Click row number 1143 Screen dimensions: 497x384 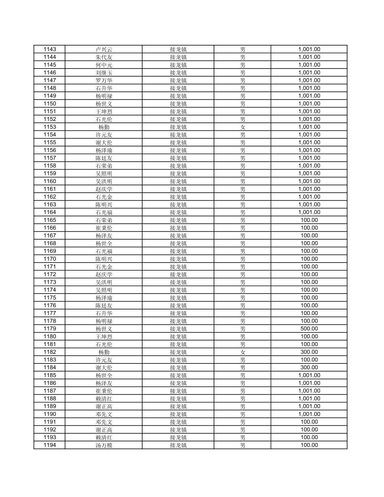click(x=50, y=49)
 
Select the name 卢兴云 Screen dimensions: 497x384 click(x=104, y=49)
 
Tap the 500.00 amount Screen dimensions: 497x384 click(x=309, y=329)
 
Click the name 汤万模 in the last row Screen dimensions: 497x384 click(x=104, y=445)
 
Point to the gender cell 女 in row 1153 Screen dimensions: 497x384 click(x=243, y=127)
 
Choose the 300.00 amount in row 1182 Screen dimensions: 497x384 click(x=309, y=352)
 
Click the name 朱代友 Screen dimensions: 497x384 click(x=104, y=57)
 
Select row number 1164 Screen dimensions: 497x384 click(x=50, y=212)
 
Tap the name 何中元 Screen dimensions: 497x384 click(x=104, y=65)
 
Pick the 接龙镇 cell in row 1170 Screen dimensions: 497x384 click(x=178, y=259)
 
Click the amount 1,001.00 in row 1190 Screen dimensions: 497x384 click(x=309, y=414)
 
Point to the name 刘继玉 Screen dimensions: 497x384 click(x=104, y=73)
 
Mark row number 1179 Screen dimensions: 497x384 click(x=50, y=329)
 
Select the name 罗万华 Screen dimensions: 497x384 click(x=104, y=80)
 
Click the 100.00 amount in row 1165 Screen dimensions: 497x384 click(x=309, y=220)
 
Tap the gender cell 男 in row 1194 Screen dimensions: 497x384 click(x=243, y=445)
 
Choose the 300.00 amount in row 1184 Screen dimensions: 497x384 click(x=309, y=367)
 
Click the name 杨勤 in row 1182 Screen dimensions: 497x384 click(x=104, y=352)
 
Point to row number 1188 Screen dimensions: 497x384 click(x=50, y=399)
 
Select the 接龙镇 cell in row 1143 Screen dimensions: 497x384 click(x=178, y=49)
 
